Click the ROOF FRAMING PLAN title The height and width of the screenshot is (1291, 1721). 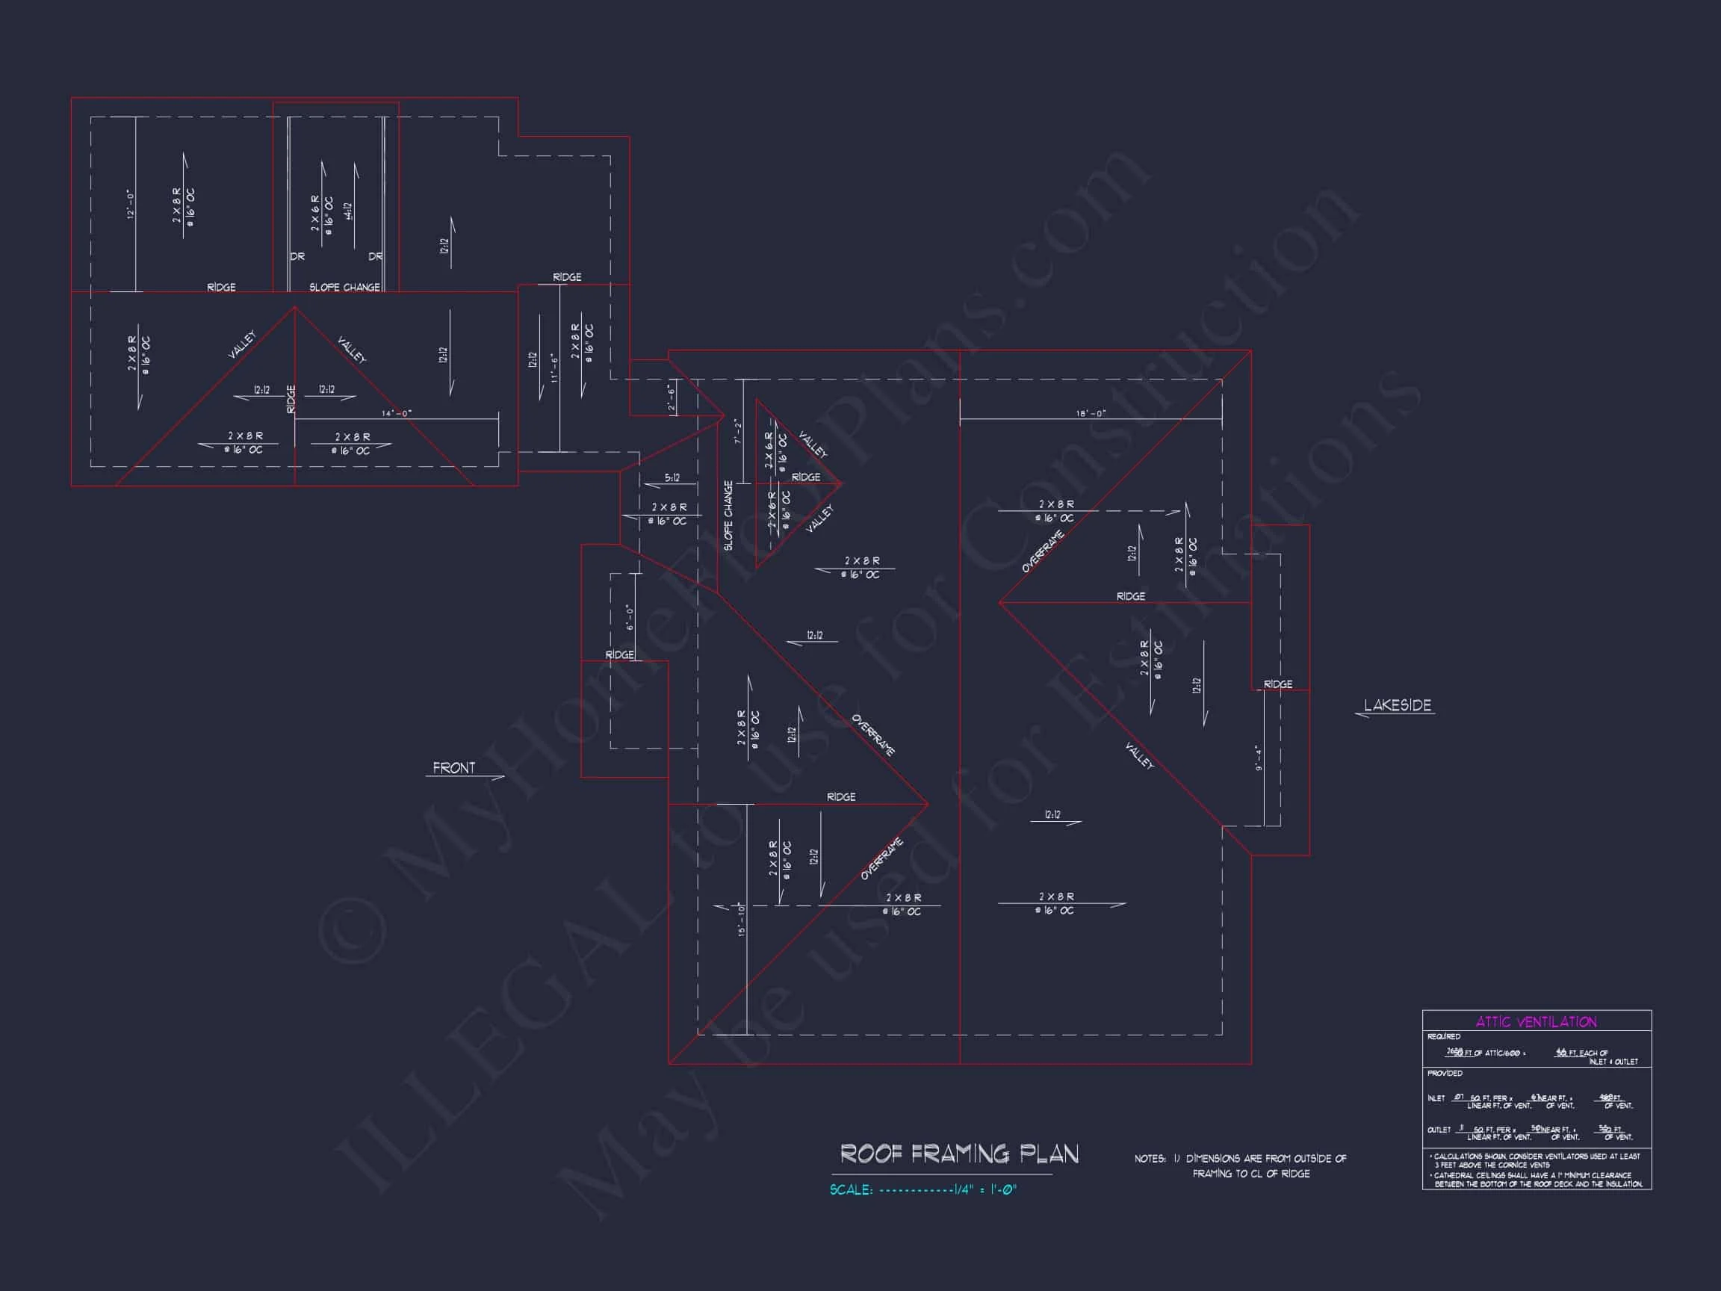pos(959,1154)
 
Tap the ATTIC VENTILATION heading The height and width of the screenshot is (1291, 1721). pos(1536,1022)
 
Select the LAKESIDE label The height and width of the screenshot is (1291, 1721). pos(1398,706)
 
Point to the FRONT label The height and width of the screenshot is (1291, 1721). pos(453,768)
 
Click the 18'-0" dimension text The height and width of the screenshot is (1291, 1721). pos(1091,414)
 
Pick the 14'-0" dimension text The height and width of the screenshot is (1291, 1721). pos(397,414)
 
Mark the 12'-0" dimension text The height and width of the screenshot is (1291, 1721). pos(131,205)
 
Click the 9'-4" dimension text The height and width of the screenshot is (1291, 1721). pos(1258,758)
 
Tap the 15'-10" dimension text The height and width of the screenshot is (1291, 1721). pos(742,919)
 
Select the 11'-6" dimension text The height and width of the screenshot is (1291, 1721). pos(554,368)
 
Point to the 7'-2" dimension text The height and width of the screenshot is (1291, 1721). pos(737,432)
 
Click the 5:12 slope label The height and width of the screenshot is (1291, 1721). pos(672,478)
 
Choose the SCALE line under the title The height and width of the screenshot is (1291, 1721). pos(923,1190)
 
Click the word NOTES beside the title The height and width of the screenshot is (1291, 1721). pos(1149,1159)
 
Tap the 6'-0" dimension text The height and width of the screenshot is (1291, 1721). pos(630,618)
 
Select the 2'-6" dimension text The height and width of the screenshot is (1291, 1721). pos(671,398)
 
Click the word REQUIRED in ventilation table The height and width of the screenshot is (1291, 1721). pos(1444,1036)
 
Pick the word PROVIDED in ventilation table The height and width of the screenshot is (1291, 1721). pos(1445,1073)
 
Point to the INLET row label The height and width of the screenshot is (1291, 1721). pos(1436,1099)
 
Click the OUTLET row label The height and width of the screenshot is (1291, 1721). pos(1439,1130)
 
